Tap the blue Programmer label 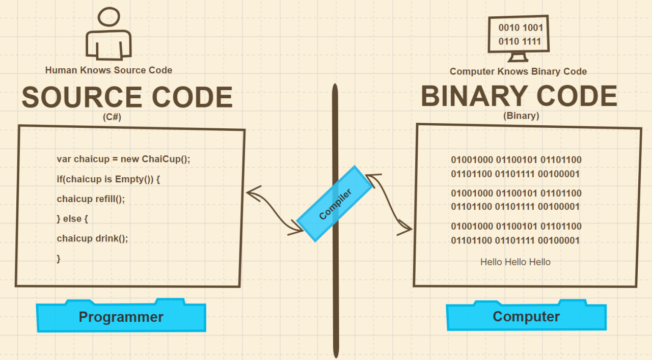click(x=121, y=317)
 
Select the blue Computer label click(x=526, y=316)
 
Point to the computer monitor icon click(x=519, y=36)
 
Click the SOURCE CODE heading click(x=127, y=97)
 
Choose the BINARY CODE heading click(x=519, y=96)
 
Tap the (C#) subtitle click(x=112, y=117)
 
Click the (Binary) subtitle click(x=521, y=116)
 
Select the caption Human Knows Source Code click(x=108, y=70)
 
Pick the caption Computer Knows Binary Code click(x=518, y=72)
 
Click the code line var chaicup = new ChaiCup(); click(x=123, y=159)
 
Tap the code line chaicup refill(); click(x=91, y=199)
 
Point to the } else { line click(x=72, y=218)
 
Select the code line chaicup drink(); click(x=92, y=238)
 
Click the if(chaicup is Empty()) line click(x=108, y=179)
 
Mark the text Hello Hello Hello click(x=515, y=262)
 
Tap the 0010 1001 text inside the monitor click(x=520, y=28)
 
